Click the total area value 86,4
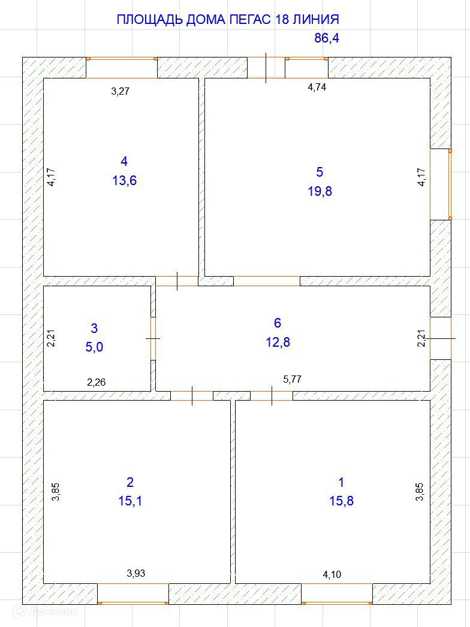(x=327, y=38)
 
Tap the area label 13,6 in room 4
(x=125, y=181)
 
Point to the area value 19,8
(x=320, y=192)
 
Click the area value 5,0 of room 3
(x=94, y=347)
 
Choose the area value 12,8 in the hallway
(x=278, y=343)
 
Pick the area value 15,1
(x=130, y=501)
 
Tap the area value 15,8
(x=342, y=501)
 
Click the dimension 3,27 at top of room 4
(x=120, y=91)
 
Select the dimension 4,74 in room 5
(x=317, y=87)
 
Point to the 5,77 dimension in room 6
(x=292, y=380)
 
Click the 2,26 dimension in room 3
(x=97, y=382)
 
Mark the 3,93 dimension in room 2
(x=135, y=574)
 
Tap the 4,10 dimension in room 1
(x=332, y=575)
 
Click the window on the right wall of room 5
(x=441, y=184)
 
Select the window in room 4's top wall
(x=122, y=68)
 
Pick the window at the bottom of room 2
(x=133, y=594)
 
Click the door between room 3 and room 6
(x=153, y=338)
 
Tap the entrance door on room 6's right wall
(x=441, y=338)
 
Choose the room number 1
(x=341, y=482)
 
